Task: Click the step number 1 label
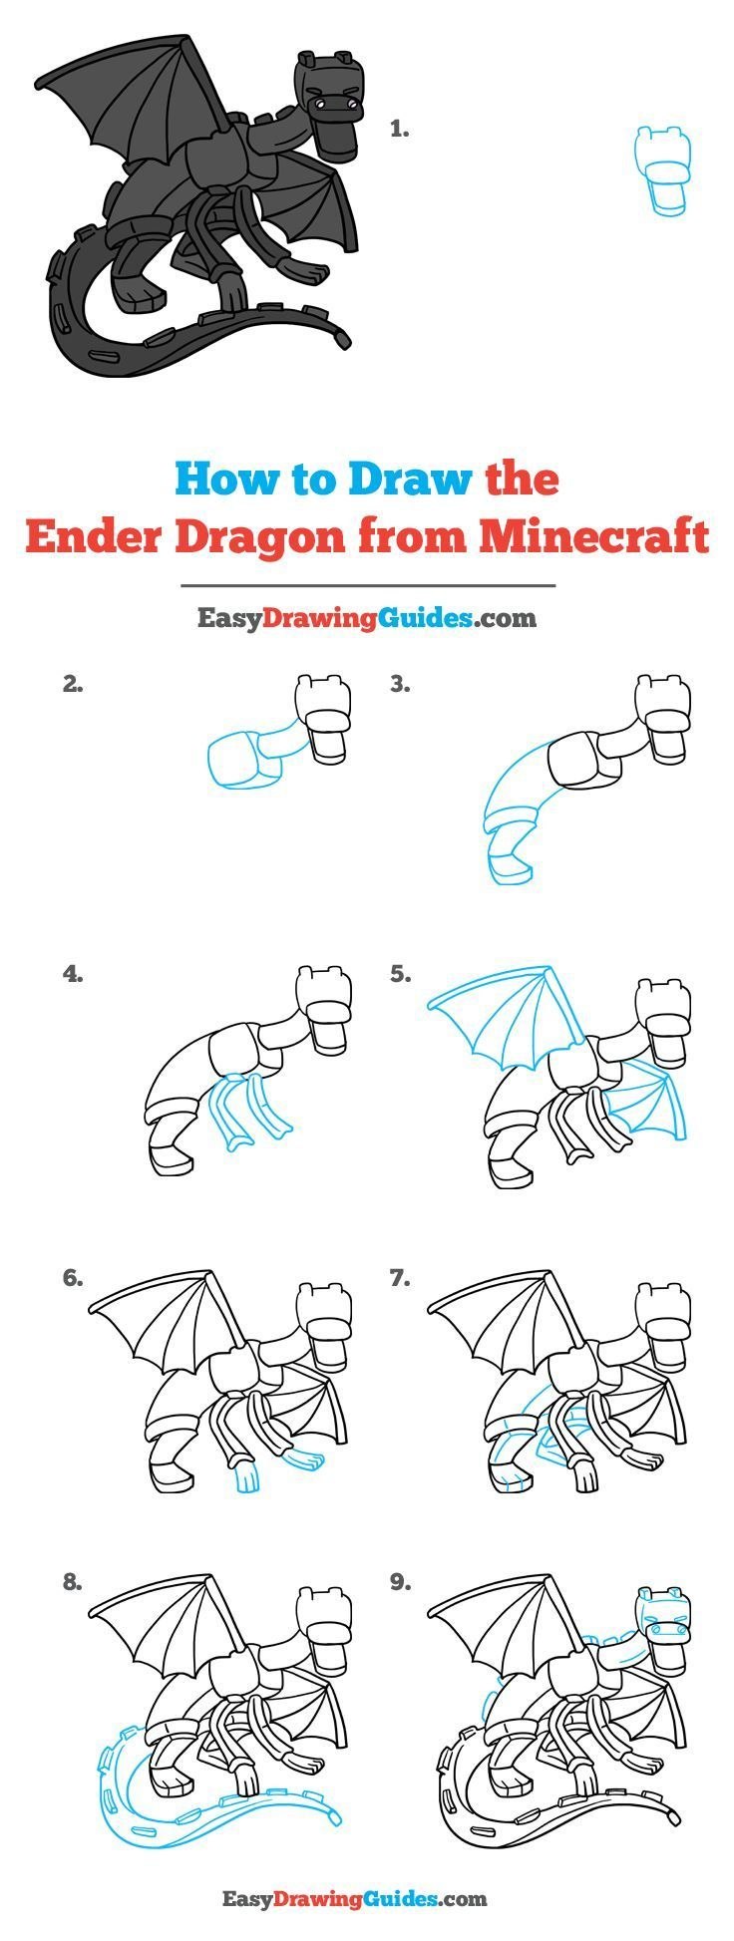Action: (x=399, y=129)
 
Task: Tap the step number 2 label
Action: (x=72, y=684)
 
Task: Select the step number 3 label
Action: (x=400, y=684)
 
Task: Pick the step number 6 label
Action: (x=72, y=1277)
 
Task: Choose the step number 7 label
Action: (x=400, y=1277)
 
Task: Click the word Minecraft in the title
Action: (x=593, y=536)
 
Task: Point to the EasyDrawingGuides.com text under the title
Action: (x=366, y=619)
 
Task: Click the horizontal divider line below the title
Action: (x=367, y=586)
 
